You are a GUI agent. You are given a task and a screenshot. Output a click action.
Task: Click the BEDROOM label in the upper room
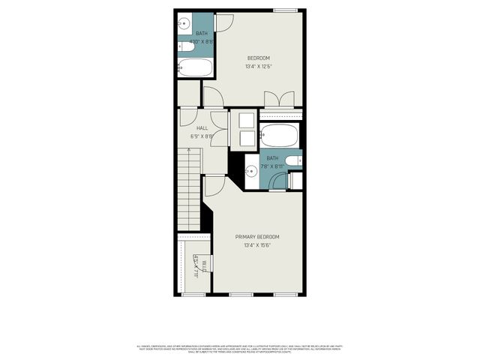pyautogui.click(x=259, y=58)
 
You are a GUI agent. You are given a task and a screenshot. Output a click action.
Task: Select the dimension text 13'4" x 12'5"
pyautogui.click(x=259, y=67)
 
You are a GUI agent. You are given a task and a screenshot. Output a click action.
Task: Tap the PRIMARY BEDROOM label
pyautogui.click(x=257, y=236)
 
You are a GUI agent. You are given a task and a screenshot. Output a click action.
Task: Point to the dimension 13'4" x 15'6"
pyautogui.click(x=257, y=245)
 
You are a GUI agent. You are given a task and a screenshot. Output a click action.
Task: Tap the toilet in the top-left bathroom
pyautogui.click(x=186, y=46)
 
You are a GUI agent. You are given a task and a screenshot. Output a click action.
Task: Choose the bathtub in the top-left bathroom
pyautogui.click(x=195, y=69)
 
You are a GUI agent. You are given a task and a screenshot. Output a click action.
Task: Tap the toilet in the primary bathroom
pyautogui.click(x=294, y=160)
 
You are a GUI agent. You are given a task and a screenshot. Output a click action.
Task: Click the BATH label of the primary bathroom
pyautogui.click(x=271, y=158)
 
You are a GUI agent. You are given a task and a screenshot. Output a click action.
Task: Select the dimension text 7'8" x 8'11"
pyautogui.click(x=271, y=166)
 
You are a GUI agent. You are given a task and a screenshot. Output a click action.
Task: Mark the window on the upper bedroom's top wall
pyautogui.click(x=284, y=10)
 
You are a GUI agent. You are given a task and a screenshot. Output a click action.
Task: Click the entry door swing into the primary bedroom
pyautogui.click(x=214, y=185)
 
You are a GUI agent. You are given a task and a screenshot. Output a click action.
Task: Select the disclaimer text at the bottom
pyautogui.click(x=240, y=348)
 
